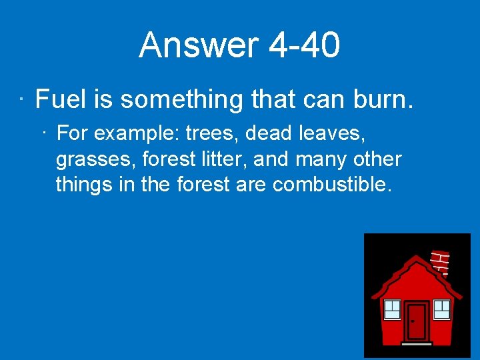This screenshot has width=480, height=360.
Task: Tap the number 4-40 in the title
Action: click(x=305, y=45)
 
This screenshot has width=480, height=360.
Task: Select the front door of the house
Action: click(x=416, y=323)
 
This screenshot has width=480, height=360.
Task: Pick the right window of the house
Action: click(x=442, y=309)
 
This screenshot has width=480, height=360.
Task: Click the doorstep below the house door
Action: click(x=416, y=344)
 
